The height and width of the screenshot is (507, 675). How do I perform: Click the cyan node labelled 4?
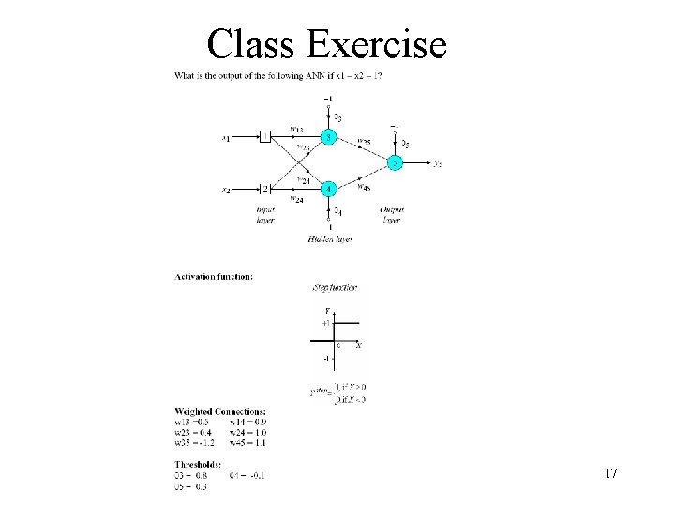(x=328, y=189)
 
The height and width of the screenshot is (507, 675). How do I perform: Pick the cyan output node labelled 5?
(x=396, y=163)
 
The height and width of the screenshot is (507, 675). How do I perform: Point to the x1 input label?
(x=226, y=139)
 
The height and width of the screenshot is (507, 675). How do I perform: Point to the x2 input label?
(x=226, y=190)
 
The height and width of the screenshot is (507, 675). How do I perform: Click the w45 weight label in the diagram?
(x=363, y=186)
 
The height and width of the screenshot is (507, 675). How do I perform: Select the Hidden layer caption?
(x=328, y=241)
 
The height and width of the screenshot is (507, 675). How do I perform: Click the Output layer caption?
(x=392, y=214)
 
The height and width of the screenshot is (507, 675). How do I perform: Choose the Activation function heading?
(x=214, y=277)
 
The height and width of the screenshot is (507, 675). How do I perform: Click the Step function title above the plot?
(x=335, y=287)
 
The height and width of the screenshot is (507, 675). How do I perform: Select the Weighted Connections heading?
(x=220, y=411)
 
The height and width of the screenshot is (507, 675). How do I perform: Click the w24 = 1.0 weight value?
(x=247, y=431)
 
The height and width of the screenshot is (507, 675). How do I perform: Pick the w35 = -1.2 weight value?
(x=194, y=441)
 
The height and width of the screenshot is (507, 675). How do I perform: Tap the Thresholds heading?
(x=198, y=464)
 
